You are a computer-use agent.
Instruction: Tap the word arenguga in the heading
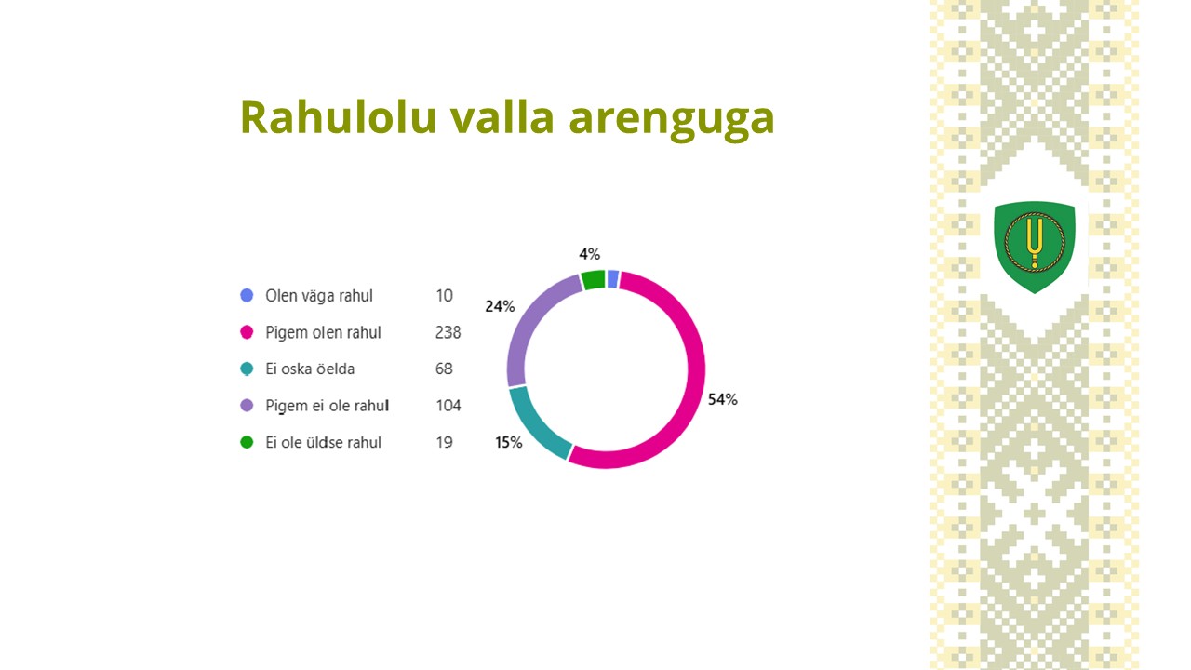(x=672, y=121)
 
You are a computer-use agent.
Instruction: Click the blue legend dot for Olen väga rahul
(x=247, y=295)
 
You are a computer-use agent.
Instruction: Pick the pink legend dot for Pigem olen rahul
(x=247, y=332)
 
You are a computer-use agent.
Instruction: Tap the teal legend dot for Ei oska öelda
(x=247, y=368)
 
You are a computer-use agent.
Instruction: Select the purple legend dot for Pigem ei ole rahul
(x=247, y=405)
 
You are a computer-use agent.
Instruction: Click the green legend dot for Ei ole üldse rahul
(x=247, y=442)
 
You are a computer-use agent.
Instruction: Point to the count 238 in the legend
(x=448, y=332)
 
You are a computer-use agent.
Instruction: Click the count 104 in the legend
(x=448, y=406)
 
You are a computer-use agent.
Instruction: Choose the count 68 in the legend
(x=444, y=368)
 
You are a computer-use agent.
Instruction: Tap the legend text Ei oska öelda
(x=310, y=368)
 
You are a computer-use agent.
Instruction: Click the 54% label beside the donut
(x=723, y=399)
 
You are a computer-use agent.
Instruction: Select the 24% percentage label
(x=500, y=306)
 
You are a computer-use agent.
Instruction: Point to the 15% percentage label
(x=508, y=442)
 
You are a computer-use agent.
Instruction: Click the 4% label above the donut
(x=590, y=254)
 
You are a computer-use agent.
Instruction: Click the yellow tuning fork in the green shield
(x=1035, y=242)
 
